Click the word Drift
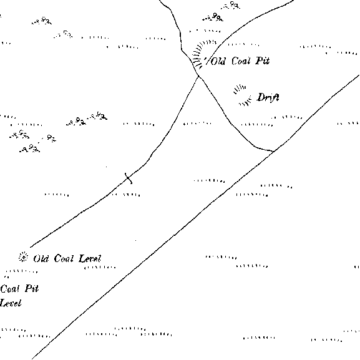pos(268,97)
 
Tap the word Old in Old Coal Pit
pos(218,61)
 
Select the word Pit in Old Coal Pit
pos(263,61)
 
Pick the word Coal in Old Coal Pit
pos(241,61)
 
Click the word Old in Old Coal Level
pos(41,259)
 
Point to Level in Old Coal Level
pos(90,258)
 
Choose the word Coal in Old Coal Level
pos(64,258)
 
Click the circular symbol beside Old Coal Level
pos(23,257)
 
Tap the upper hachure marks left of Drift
pos(239,89)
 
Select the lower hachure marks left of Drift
pos(245,102)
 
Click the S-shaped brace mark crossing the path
pos(129,178)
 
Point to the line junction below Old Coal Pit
pos(198,76)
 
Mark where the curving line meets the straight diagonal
pos(274,152)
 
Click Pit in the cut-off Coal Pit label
pos(32,288)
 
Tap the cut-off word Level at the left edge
pos(11,303)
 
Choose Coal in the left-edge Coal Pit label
pos(9,289)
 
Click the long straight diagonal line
pos(195,217)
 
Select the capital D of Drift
pos(261,97)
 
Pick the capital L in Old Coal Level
pos(82,258)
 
